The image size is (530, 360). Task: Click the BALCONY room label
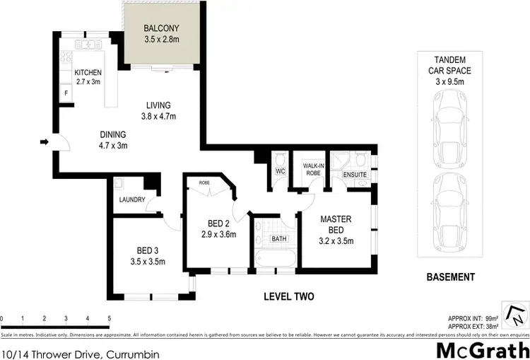(x=162, y=28)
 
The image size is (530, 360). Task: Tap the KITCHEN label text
(x=89, y=72)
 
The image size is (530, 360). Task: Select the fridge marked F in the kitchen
(x=66, y=93)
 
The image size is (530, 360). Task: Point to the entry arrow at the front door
(x=44, y=143)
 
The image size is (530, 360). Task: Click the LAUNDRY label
(x=131, y=199)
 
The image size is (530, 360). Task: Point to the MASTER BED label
(x=336, y=224)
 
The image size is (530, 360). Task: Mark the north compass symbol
(x=518, y=314)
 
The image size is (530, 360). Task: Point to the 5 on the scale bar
(x=109, y=319)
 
